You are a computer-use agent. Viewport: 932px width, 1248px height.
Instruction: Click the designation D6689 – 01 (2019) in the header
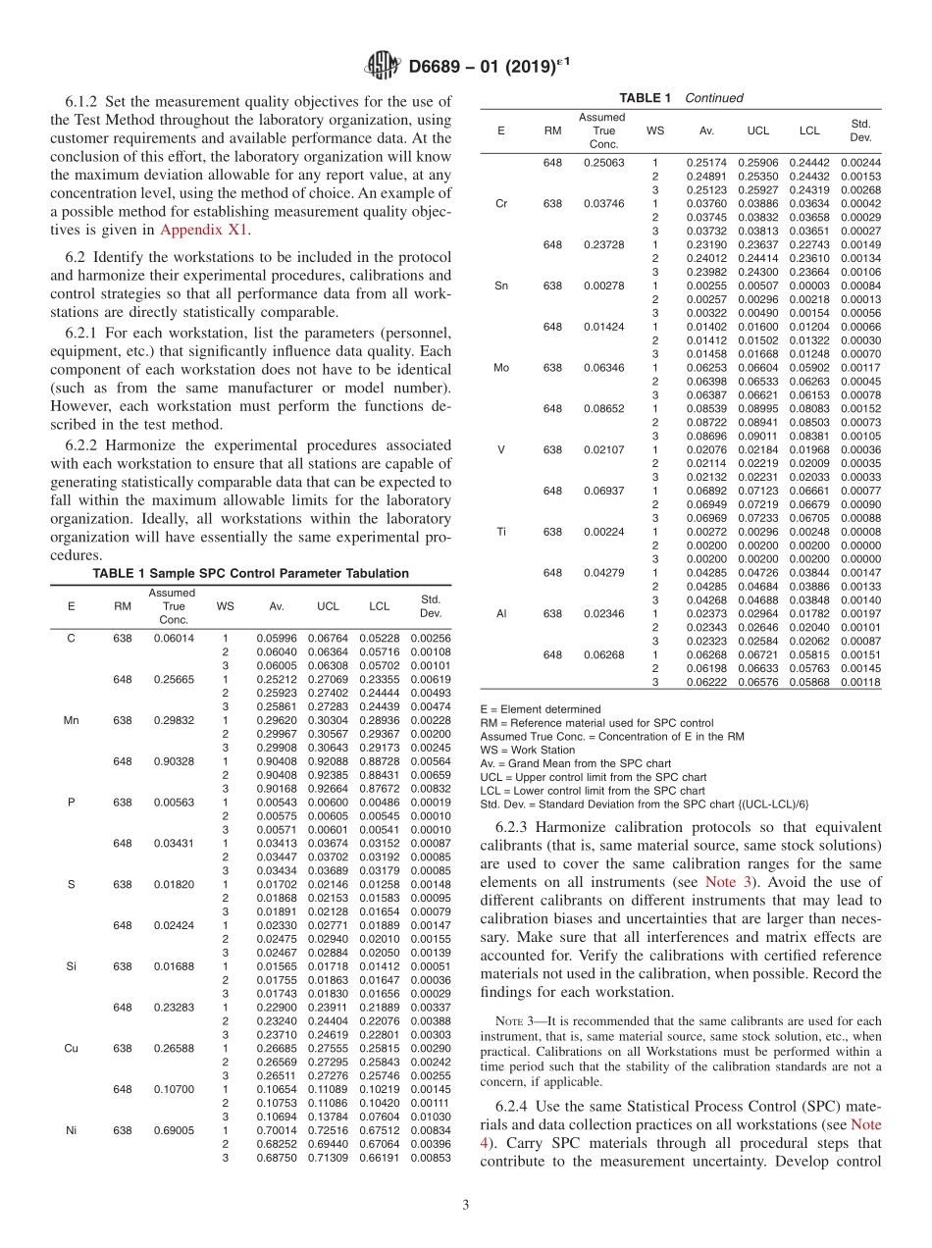483,67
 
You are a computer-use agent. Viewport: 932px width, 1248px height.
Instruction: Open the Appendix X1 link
204,230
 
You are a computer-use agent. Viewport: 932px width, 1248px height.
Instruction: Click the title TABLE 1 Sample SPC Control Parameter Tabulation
250,573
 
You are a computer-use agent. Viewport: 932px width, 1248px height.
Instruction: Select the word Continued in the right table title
713,97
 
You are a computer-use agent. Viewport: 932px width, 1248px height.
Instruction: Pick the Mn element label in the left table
71,720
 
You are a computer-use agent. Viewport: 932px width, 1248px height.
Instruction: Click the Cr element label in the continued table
501,204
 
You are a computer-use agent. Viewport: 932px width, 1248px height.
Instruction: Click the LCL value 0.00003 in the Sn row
809,286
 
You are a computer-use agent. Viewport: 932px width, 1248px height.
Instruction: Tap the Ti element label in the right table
501,531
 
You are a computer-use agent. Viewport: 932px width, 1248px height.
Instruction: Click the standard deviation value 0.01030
431,1117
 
